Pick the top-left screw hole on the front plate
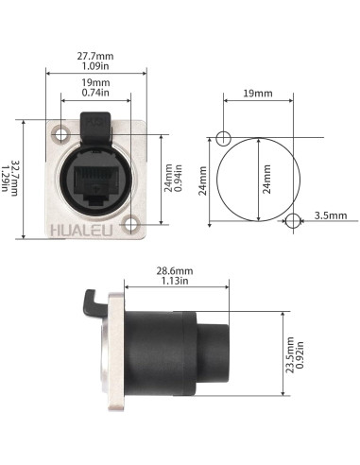(x=62, y=133)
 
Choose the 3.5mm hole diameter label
(x=332, y=215)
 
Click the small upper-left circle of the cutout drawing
(x=222, y=139)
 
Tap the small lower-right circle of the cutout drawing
(x=293, y=221)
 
